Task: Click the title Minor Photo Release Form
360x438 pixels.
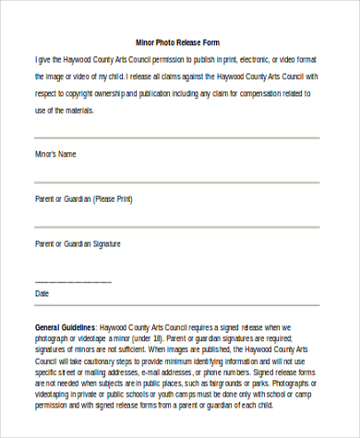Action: (x=177, y=42)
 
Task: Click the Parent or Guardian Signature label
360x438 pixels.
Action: (x=78, y=243)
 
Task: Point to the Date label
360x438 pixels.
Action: (x=42, y=293)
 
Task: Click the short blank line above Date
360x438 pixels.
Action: (x=73, y=281)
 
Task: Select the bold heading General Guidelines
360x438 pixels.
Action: (x=68, y=327)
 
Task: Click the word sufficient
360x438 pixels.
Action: (x=134, y=351)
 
